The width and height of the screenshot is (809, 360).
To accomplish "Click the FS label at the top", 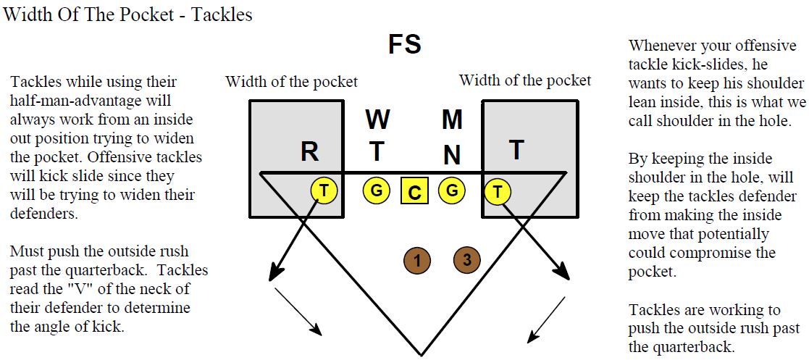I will pyautogui.click(x=405, y=45).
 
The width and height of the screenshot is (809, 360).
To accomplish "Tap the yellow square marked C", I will pyautogui.click(x=414, y=192).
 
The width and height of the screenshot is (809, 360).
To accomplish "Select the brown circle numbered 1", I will pyautogui.click(x=417, y=259).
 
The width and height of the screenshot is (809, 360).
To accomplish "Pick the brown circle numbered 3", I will pyautogui.click(x=467, y=259).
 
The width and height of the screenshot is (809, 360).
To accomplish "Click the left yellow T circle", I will pyautogui.click(x=324, y=191).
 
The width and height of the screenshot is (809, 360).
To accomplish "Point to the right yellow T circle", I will pyautogui.click(x=498, y=191).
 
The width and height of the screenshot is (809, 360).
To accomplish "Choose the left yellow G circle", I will pyautogui.click(x=377, y=191).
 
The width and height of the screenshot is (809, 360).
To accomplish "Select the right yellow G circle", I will pyautogui.click(x=451, y=191).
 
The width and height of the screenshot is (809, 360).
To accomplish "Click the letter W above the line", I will pyautogui.click(x=377, y=120).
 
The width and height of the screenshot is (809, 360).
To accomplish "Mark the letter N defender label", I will pyautogui.click(x=452, y=154).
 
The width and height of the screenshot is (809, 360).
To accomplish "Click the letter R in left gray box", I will pyautogui.click(x=309, y=152).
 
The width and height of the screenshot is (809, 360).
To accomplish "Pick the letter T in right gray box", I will pyautogui.click(x=516, y=150).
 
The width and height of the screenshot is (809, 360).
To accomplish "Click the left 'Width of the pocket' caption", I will pyautogui.click(x=291, y=81).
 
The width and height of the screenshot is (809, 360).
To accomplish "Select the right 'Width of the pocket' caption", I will pyautogui.click(x=524, y=80).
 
